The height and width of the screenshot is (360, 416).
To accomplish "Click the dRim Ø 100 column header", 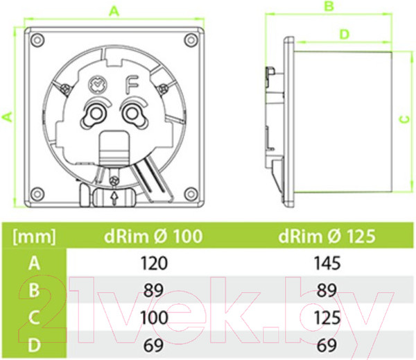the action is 153,236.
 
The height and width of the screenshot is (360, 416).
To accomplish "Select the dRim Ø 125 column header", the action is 327,236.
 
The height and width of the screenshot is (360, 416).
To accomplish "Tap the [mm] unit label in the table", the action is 35,237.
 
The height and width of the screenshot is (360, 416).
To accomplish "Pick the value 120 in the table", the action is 154,264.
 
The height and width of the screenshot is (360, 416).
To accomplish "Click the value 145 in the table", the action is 327,264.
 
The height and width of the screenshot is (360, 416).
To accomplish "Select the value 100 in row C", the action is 154,318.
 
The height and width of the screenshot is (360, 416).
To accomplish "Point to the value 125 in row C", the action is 327,318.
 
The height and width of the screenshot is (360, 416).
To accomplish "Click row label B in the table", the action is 34,291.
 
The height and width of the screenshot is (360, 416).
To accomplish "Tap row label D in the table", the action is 35,345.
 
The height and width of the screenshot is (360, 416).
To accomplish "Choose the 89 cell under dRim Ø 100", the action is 154,291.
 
